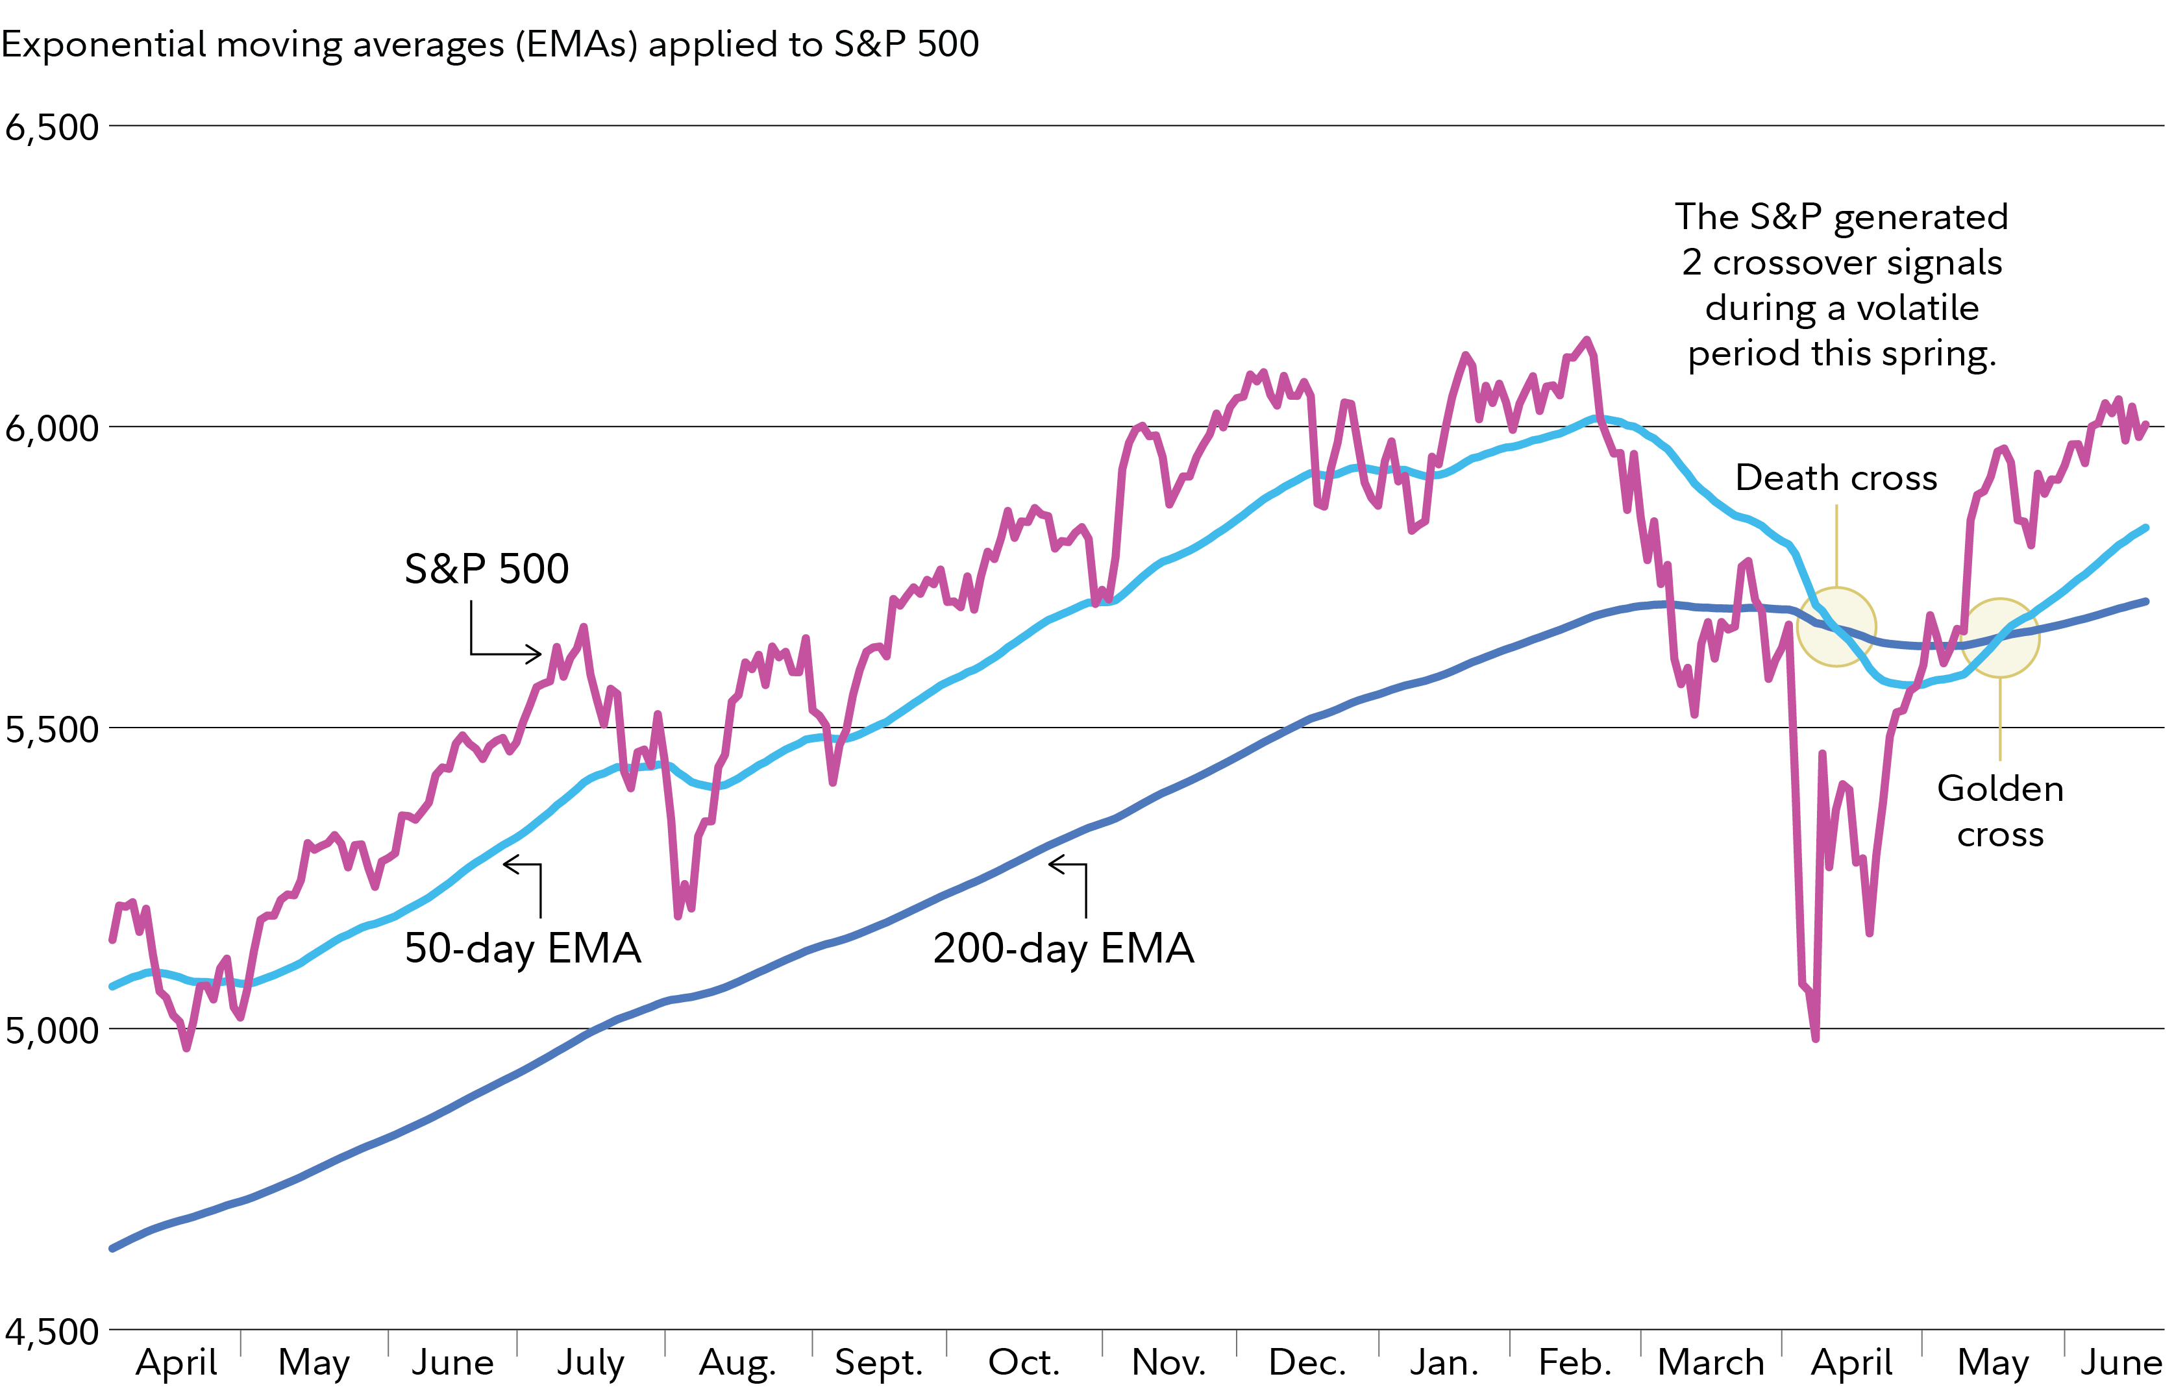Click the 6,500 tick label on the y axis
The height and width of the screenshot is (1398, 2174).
pos(52,127)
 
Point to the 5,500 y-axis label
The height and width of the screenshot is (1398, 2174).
pos(52,729)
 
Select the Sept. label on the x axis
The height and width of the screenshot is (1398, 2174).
pos(878,1362)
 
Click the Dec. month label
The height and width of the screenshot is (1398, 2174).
pos(1307,1362)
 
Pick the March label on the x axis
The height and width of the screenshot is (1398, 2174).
pos(1710,1362)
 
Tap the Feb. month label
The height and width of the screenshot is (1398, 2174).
pos(1575,1362)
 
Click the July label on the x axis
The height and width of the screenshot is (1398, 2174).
pos(590,1362)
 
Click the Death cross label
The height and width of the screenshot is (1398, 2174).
pos(1835,478)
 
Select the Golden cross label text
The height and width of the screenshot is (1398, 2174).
pos(2000,811)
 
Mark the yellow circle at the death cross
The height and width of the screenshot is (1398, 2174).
pos(1835,626)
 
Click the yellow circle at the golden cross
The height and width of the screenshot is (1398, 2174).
pos(2000,637)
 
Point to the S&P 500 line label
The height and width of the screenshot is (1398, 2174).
pos(487,569)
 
